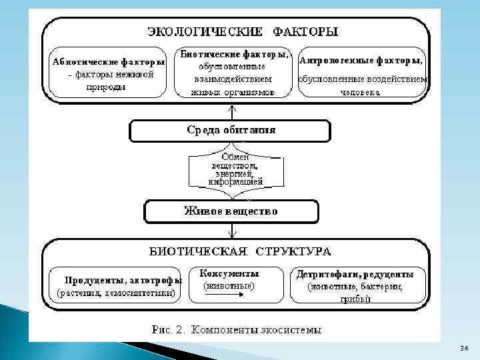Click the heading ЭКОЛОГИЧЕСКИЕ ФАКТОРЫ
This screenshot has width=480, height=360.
pyautogui.click(x=242, y=31)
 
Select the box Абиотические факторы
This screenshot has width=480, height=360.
pyautogui.click(x=109, y=74)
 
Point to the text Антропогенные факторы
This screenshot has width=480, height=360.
pyautogui.click(x=362, y=60)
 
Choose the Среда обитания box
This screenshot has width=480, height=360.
pyautogui.click(x=230, y=131)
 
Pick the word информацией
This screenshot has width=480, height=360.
pyautogui.click(x=235, y=181)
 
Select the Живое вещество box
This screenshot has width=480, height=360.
pyautogui.click(x=231, y=211)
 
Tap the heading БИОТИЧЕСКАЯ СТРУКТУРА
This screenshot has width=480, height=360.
pyautogui.click(x=239, y=251)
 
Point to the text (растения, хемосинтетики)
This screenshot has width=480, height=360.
pyautogui.click(x=116, y=292)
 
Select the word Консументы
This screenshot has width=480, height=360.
pyautogui.click(x=229, y=273)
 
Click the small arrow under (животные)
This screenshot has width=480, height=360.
pyautogui.click(x=229, y=297)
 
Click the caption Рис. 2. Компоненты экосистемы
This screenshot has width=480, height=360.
pyautogui.click(x=237, y=329)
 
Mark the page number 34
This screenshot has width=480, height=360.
pyautogui.click(x=464, y=349)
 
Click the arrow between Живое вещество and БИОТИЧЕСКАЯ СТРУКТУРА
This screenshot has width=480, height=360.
pyautogui.click(x=231, y=231)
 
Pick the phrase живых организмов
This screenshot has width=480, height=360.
pyautogui.click(x=233, y=93)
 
